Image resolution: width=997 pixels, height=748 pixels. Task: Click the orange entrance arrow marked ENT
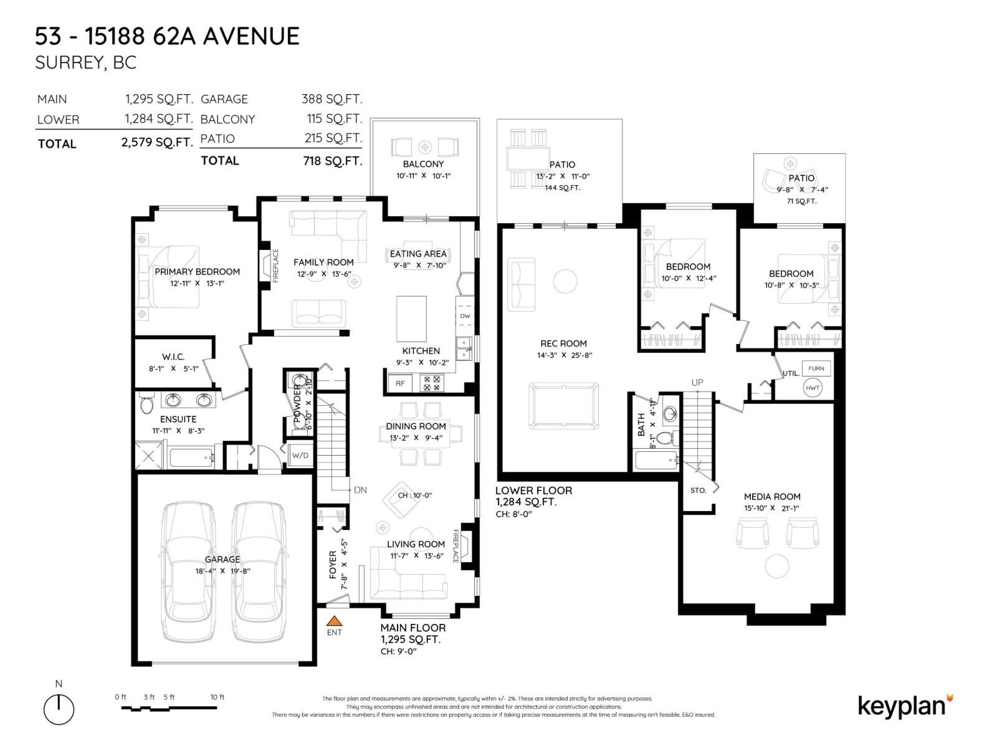coord(335,621)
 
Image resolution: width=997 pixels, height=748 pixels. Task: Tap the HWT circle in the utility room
coord(813,388)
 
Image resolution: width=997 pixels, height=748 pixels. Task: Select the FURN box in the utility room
coord(816,368)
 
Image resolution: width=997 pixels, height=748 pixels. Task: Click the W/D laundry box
coord(300,455)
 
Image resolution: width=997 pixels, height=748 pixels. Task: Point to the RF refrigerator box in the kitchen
coord(400,383)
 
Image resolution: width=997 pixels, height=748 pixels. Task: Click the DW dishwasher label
coord(465,316)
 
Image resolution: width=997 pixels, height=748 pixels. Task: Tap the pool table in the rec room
coord(564,405)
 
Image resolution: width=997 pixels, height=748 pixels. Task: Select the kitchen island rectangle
coord(412,319)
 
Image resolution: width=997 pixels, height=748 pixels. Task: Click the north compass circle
coord(59,710)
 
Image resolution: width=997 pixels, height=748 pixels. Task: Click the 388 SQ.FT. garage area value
coord(332,99)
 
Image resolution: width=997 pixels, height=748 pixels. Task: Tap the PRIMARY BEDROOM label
coord(197,272)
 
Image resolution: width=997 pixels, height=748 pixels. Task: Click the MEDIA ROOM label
coord(772,497)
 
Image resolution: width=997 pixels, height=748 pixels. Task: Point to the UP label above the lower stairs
coord(697,382)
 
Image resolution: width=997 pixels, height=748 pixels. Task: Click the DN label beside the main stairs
coord(360,490)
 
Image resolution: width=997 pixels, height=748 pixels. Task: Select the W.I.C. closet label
coord(173,357)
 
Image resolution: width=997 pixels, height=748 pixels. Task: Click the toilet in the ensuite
coord(146,404)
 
